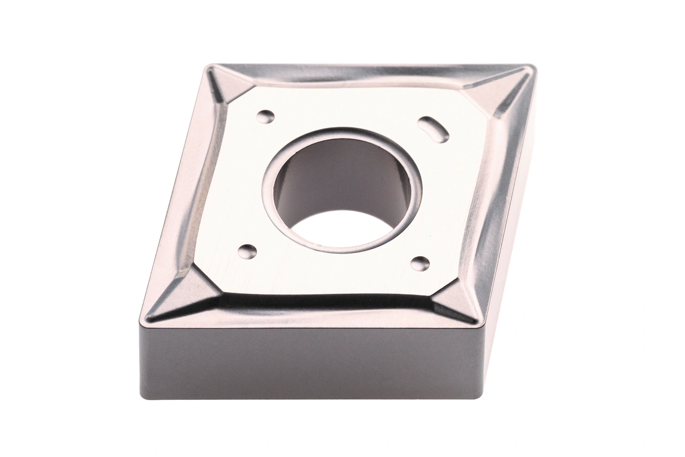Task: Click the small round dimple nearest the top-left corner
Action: coord(265,116)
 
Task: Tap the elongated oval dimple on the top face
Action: coord(433,129)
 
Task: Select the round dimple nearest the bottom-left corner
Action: coord(247,251)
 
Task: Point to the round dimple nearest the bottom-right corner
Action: coord(420,263)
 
